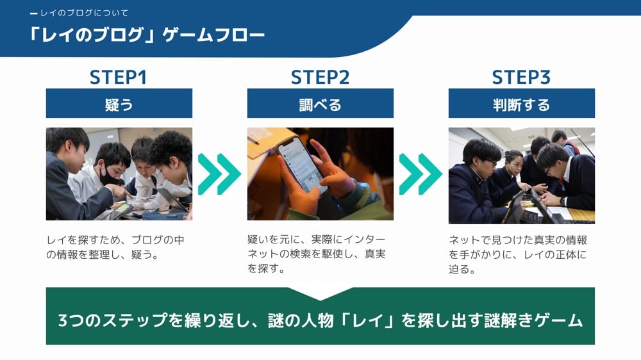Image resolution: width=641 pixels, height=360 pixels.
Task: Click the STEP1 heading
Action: [118, 78]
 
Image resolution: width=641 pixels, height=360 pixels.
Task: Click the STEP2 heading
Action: [320, 78]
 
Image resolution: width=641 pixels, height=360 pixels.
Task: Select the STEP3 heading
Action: [521, 78]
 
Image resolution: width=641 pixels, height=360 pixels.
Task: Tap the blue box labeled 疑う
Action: [119, 103]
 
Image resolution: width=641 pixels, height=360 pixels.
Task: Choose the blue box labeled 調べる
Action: [320, 103]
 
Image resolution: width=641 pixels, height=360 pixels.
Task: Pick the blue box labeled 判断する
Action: [522, 103]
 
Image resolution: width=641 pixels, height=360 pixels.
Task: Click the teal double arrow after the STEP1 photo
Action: [219, 174]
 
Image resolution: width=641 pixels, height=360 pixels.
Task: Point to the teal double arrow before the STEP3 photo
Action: [420, 174]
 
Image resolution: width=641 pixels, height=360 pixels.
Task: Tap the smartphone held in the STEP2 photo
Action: [302, 165]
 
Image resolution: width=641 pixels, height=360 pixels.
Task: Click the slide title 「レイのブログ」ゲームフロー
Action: [146, 35]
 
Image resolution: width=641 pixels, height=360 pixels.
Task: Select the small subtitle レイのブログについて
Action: [84, 13]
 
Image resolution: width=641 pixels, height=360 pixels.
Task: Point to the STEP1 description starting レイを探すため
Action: [115, 247]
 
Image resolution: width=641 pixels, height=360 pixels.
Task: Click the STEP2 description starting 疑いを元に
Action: [317, 254]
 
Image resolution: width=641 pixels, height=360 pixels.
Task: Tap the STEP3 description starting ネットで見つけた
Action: [517, 254]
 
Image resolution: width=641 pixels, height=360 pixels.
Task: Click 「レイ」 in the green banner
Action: [368, 320]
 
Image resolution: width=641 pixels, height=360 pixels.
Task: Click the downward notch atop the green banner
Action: [320, 294]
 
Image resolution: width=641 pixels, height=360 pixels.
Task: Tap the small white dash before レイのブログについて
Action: [34, 14]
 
